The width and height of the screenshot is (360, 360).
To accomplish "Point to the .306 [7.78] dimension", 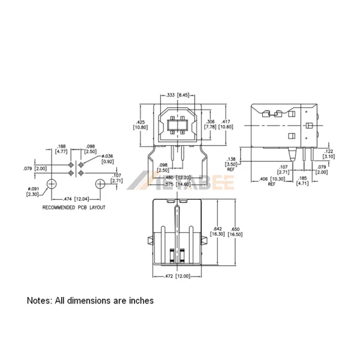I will click(210, 124).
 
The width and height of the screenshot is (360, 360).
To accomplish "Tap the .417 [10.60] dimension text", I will click(226, 124).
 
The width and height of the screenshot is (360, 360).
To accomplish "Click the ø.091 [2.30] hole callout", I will click(33, 191).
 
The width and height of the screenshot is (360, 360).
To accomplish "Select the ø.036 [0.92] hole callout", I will click(106, 158).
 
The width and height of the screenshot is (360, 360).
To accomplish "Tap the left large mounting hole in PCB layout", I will click(53, 183).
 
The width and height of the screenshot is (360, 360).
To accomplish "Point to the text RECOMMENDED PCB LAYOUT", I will click(74, 207).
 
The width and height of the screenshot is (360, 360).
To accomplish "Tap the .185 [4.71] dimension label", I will click(303, 181).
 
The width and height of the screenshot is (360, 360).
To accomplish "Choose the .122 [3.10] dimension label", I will click(329, 154).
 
